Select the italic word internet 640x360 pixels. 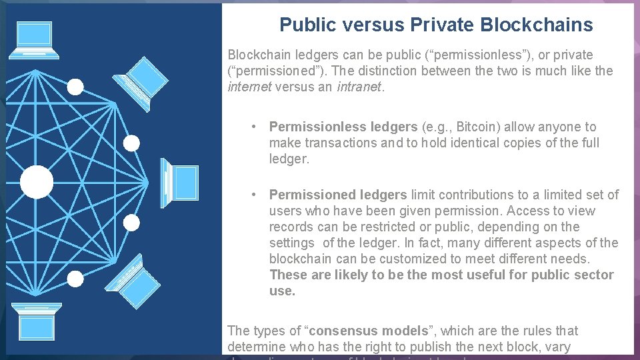(249, 87)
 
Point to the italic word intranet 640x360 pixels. (360, 87)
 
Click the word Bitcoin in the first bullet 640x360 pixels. (479, 127)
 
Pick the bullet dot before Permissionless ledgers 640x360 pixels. (254, 127)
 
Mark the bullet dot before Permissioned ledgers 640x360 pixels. (254, 195)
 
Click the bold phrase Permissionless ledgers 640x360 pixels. (343, 127)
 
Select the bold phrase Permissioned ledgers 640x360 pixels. (337, 195)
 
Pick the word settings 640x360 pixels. (291, 243)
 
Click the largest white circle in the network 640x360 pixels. (37, 182)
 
